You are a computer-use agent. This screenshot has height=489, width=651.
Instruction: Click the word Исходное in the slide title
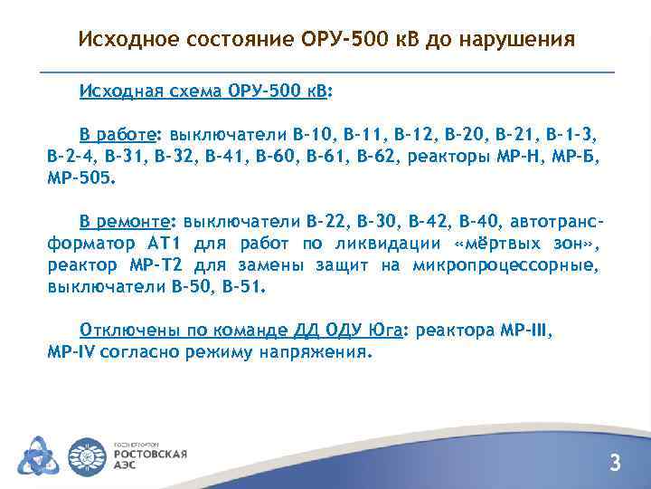coord(129,40)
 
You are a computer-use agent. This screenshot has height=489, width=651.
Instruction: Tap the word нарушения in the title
coord(519,40)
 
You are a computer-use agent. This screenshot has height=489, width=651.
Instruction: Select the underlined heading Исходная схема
coord(151,92)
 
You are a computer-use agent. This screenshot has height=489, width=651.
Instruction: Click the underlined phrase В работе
coord(117,135)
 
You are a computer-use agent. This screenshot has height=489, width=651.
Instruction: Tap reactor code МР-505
coord(80,178)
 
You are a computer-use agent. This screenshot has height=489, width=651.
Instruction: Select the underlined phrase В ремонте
coord(129,222)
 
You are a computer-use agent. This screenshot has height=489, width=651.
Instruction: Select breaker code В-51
coord(244,287)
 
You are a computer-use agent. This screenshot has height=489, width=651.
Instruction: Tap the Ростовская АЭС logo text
coord(148,457)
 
